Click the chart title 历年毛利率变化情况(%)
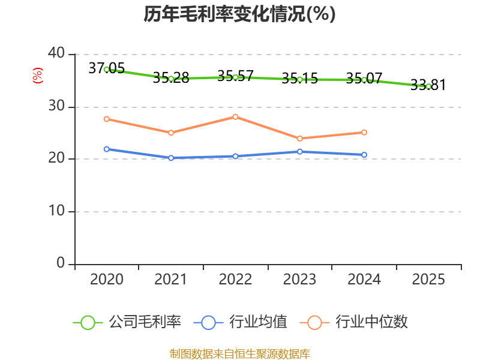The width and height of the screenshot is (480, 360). click(x=239, y=14)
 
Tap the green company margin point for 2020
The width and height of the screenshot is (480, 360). click(x=106, y=70)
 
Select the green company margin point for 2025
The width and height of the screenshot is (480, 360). click(x=428, y=86)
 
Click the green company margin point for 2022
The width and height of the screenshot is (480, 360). click(x=235, y=77)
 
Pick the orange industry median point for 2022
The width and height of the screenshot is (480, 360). click(x=235, y=116)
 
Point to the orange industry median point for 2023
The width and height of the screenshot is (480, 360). click(x=300, y=139)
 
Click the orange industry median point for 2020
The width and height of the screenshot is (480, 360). click(x=106, y=119)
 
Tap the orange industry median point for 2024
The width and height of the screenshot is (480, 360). click(x=364, y=132)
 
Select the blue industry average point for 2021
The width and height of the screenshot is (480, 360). click(x=171, y=158)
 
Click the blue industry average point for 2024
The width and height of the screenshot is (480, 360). click(x=364, y=155)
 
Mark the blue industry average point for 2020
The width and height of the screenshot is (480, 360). click(x=106, y=149)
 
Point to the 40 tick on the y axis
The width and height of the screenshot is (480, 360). click(x=56, y=54)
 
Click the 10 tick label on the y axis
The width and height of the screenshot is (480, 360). click(x=56, y=211)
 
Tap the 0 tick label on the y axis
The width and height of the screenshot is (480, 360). click(x=61, y=263)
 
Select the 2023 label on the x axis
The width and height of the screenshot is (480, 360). click(x=300, y=280)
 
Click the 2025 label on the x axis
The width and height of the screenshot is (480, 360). click(x=428, y=280)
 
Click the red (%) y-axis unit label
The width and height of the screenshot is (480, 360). click(x=38, y=76)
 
